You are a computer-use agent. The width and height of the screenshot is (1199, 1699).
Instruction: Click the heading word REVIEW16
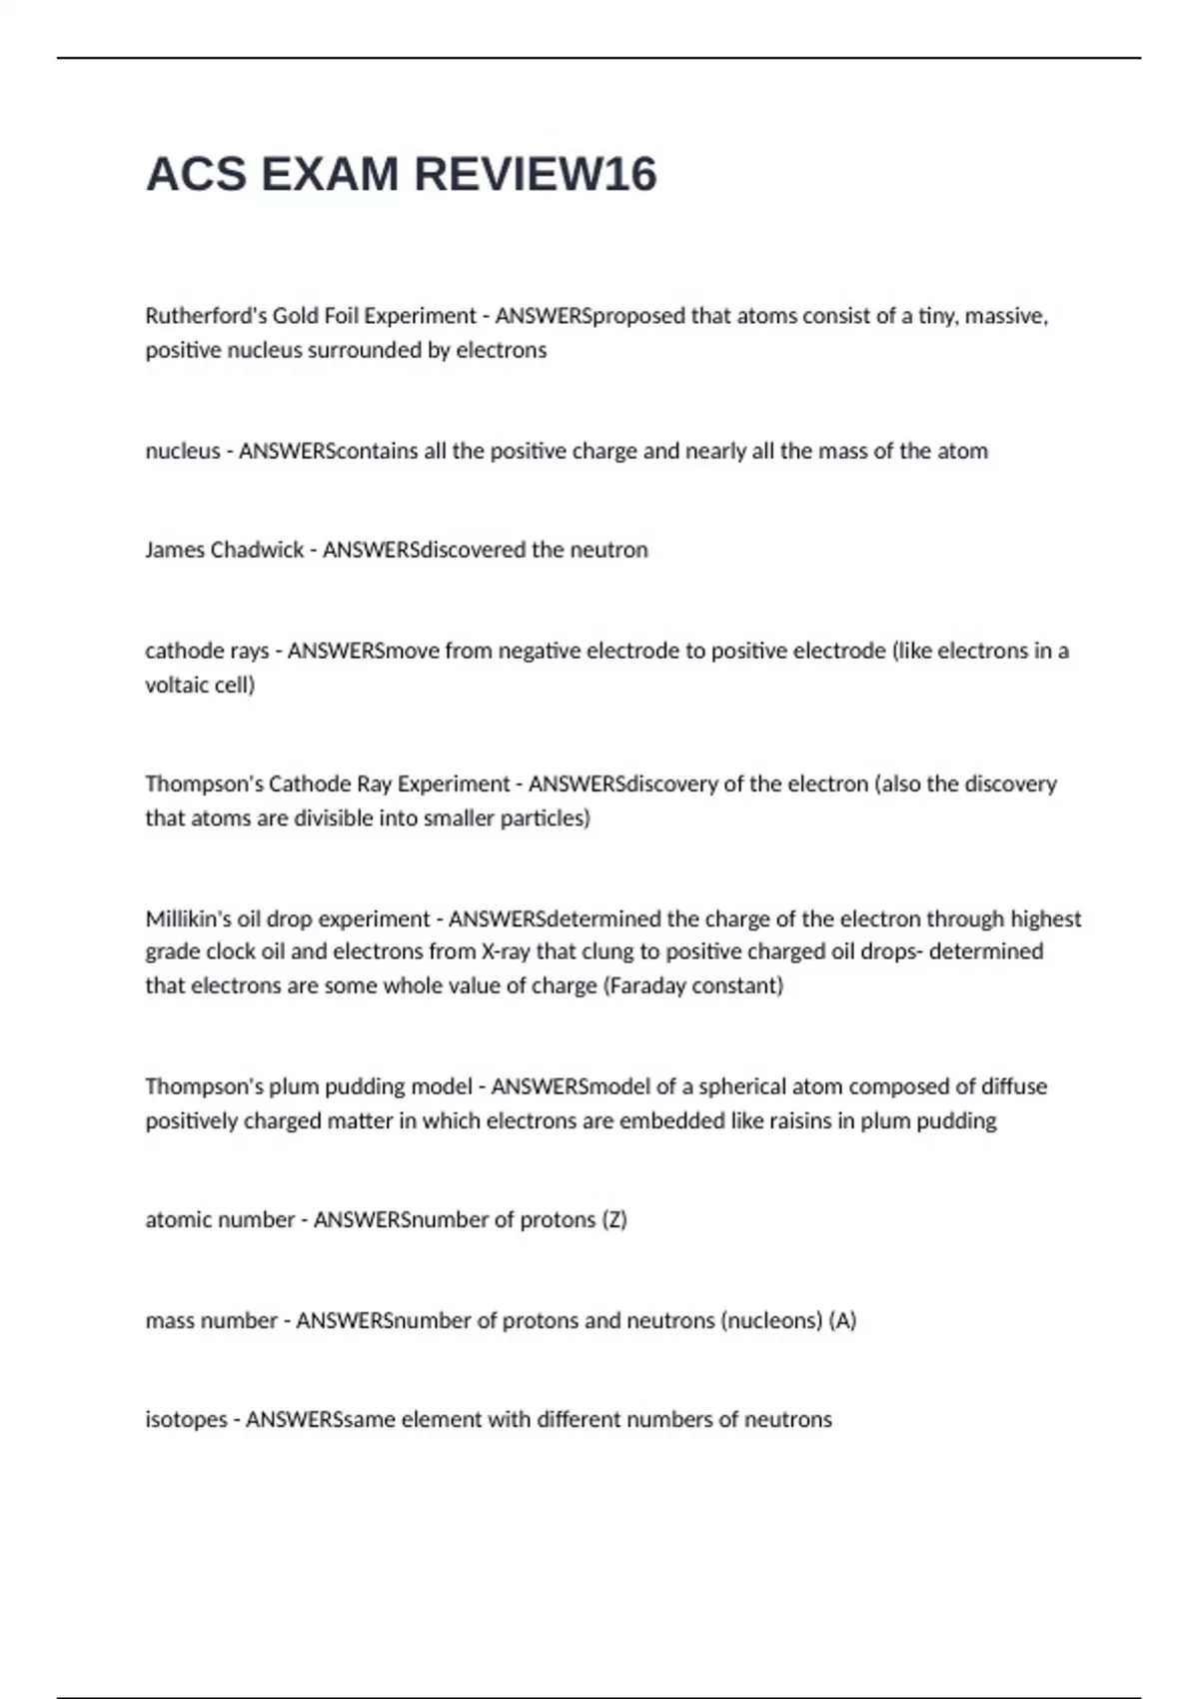535,174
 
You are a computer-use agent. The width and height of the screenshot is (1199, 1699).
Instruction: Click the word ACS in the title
196,174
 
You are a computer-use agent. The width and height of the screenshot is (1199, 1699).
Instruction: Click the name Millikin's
188,918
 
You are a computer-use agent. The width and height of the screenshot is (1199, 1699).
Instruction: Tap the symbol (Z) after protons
614,1219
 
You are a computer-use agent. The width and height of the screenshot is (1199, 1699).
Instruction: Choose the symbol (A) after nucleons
842,1320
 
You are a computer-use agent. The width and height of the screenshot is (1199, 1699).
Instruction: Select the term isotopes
186,1419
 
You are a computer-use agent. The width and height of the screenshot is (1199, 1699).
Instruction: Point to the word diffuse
1013,1086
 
